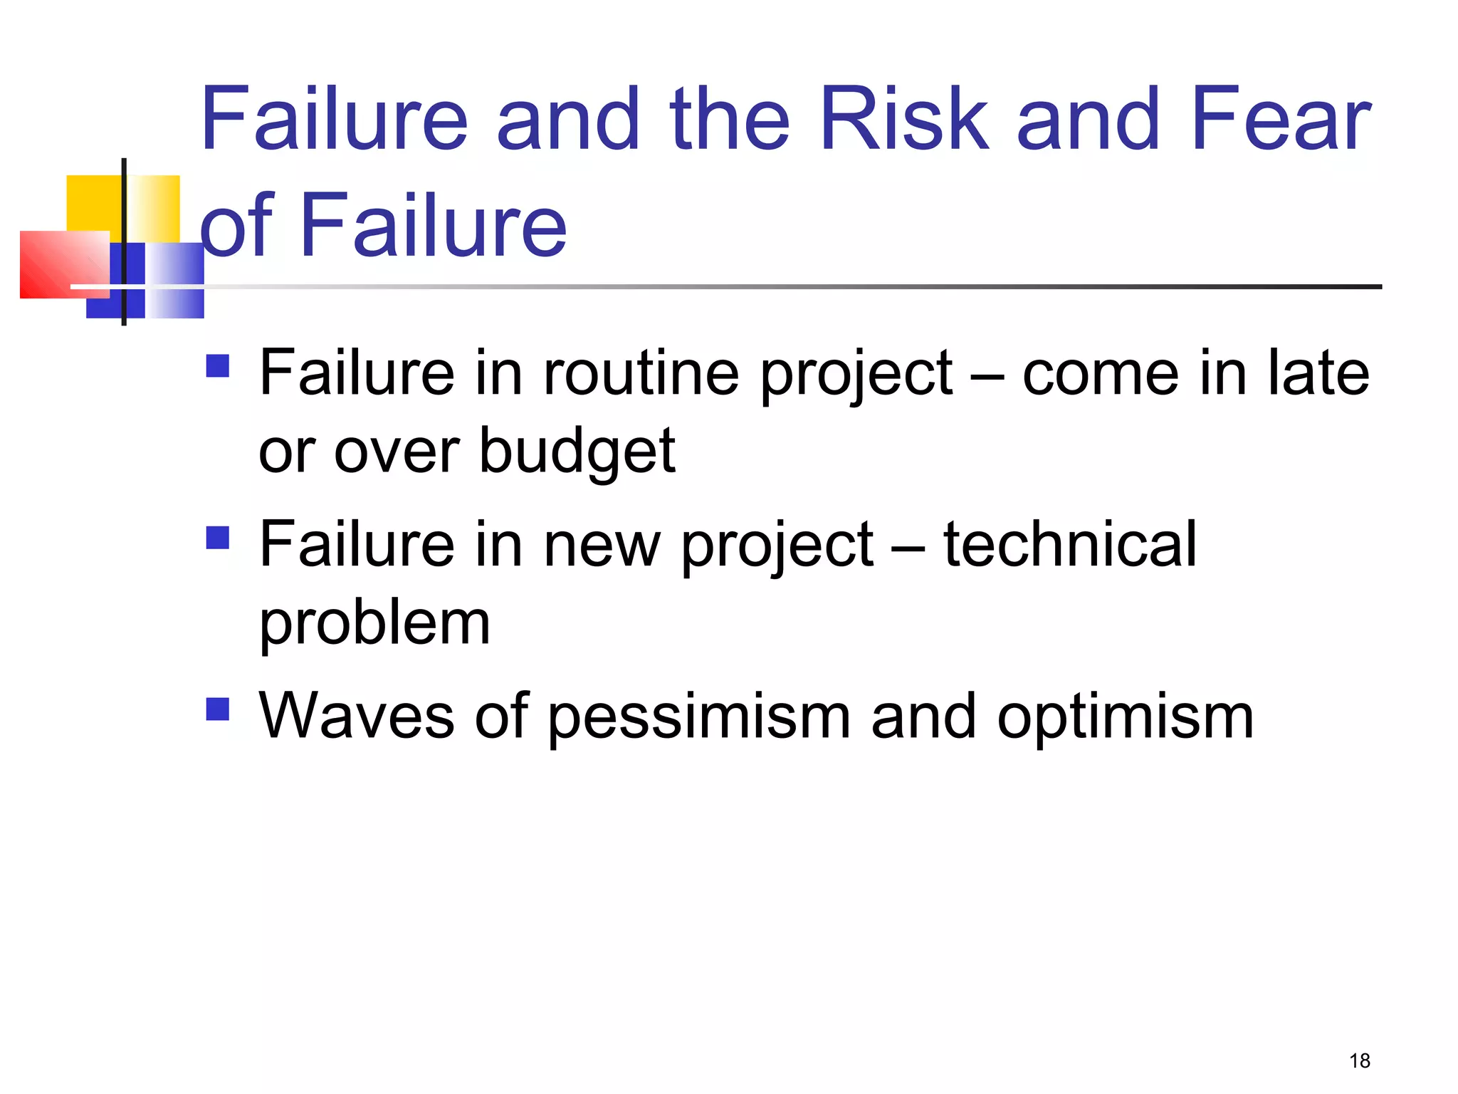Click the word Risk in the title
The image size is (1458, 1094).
click(x=904, y=119)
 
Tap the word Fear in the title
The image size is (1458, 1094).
click(x=1280, y=119)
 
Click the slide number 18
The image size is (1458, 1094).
click(x=1359, y=1061)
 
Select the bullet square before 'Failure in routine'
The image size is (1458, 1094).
click(x=217, y=366)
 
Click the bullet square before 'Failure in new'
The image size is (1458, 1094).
click(x=217, y=538)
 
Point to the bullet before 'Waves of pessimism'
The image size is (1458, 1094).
click(x=217, y=709)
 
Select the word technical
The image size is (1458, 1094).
click(x=1069, y=545)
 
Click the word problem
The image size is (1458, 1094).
click(x=374, y=624)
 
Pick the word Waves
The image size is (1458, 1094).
click(x=356, y=717)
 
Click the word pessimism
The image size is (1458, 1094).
click(x=699, y=718)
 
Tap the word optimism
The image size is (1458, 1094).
click(x=1125, y=718)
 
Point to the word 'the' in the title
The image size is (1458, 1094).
click(x=729, y=119)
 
